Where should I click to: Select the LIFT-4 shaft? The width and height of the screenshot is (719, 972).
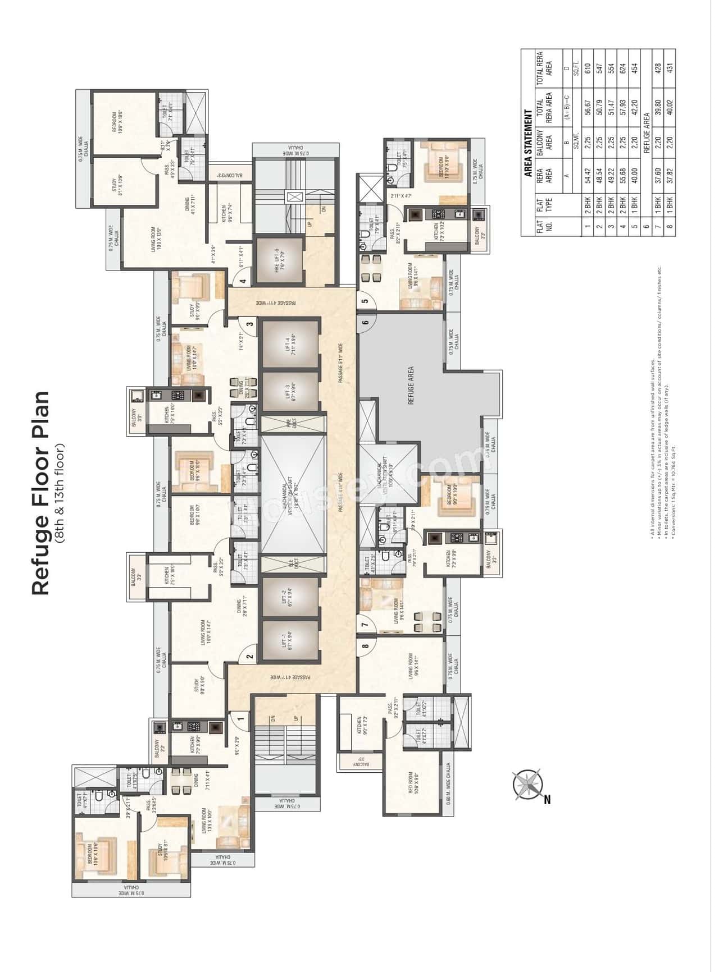point(291,342)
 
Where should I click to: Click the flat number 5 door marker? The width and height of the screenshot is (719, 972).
point(365,301)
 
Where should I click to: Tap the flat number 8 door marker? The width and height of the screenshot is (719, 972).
point(365,646)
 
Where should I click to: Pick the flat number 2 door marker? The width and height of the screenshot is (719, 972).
point(249,656)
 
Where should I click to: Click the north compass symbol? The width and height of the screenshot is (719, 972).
point(528,784)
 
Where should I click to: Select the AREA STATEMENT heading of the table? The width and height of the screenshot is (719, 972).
point(529,143)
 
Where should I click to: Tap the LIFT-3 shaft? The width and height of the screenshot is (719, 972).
point(291,391)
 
